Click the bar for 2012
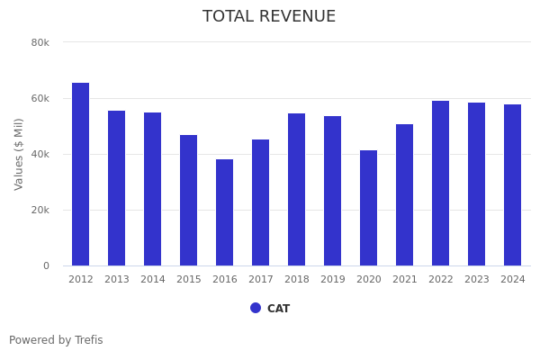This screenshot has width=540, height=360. click(x=81, y=175)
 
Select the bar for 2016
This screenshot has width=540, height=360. click(x=225, y=212)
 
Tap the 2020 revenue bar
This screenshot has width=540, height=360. click(x=369, y=208)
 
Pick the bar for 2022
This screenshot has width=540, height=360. click(x=441, y=184)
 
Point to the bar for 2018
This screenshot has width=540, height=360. click(x=297, y=190)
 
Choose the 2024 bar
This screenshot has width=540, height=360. click(x=513, y=185)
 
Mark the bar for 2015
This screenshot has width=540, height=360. click(x=189, y=201)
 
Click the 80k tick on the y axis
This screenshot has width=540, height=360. click(x=40, y=42)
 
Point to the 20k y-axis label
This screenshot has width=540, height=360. click(x=40, y=210)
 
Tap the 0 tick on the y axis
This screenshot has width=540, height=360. click(x=45, y=265)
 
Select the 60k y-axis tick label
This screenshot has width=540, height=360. click(x=40, y=98)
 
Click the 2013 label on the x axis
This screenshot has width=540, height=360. click(x=117, y=280)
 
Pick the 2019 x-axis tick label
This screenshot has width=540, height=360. click(x=333, y=280)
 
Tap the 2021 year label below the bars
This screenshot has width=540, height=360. click(x=405, y=280)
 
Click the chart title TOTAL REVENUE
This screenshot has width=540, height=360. click(x=269, y=17)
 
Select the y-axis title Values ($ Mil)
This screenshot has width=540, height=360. click(x=19, y=154)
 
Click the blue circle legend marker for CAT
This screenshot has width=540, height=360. click(x=256, y=308)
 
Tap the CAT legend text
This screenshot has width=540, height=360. click(x=278, y=309)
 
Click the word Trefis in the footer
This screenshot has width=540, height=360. click(x=88, y=340)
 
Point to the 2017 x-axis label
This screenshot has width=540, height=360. click(x=261, y=280)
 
